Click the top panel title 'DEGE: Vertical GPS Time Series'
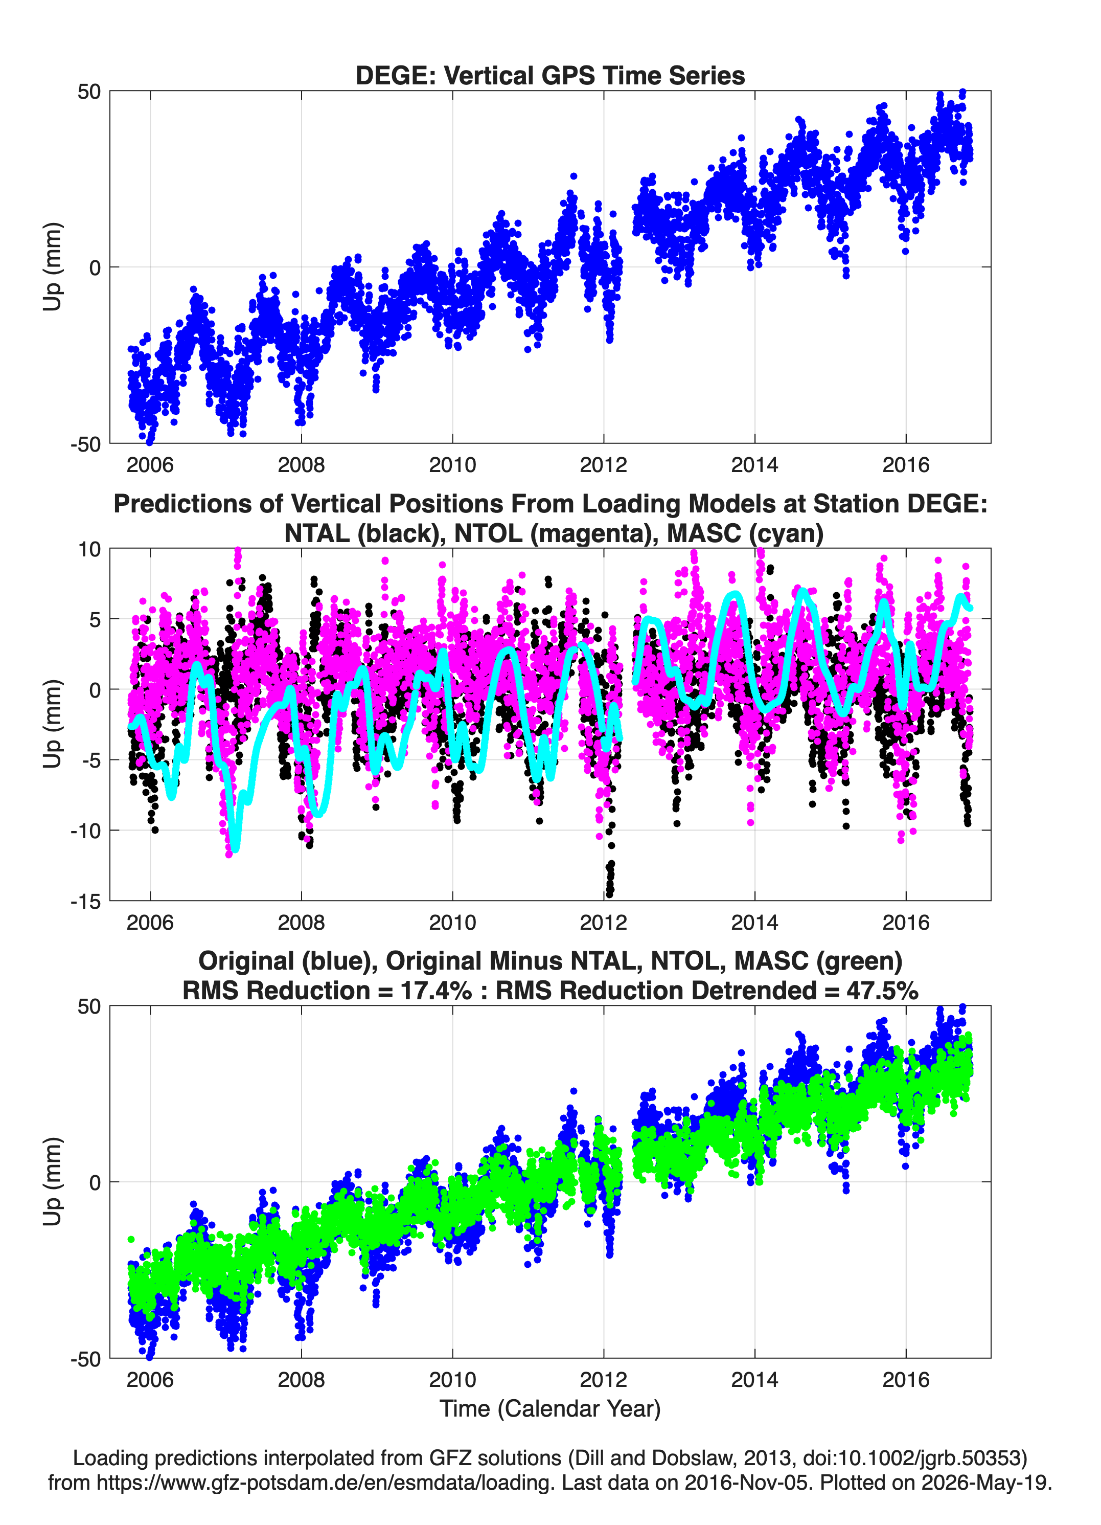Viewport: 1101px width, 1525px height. [550, 75]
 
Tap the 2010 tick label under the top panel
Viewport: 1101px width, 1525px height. [452, 465]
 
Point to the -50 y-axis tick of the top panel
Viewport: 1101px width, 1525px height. [85, 444]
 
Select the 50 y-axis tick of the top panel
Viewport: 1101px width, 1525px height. [89, 92]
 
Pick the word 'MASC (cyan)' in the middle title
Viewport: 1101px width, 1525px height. [745, 533]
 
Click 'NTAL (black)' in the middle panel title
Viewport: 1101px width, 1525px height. [363, 533]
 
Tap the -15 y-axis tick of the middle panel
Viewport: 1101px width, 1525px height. [85, 901]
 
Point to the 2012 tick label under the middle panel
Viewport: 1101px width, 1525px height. [603, 923]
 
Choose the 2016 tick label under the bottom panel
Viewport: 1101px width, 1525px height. [905, 1380]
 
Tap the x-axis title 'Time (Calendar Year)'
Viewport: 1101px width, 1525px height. [550, 1409]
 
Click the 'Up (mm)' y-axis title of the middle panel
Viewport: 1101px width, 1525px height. [53, 724]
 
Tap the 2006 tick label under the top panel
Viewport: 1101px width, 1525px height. [150, 465]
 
